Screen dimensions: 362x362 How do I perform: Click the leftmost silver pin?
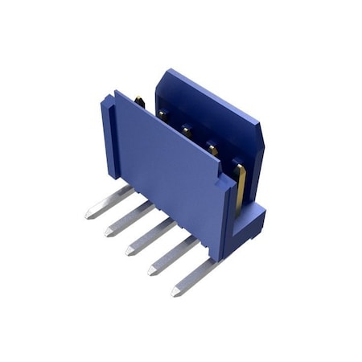point(109,201)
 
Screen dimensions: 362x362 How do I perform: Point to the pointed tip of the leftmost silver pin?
point(88,216)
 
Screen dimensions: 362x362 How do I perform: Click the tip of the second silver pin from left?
point(108,233)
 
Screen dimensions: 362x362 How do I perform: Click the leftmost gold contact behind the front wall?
point(139,101)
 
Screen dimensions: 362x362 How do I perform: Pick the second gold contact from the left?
point(162,115)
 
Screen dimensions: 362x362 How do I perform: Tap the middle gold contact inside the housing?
point(186,130)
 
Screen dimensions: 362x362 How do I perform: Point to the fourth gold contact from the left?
point(212,147)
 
